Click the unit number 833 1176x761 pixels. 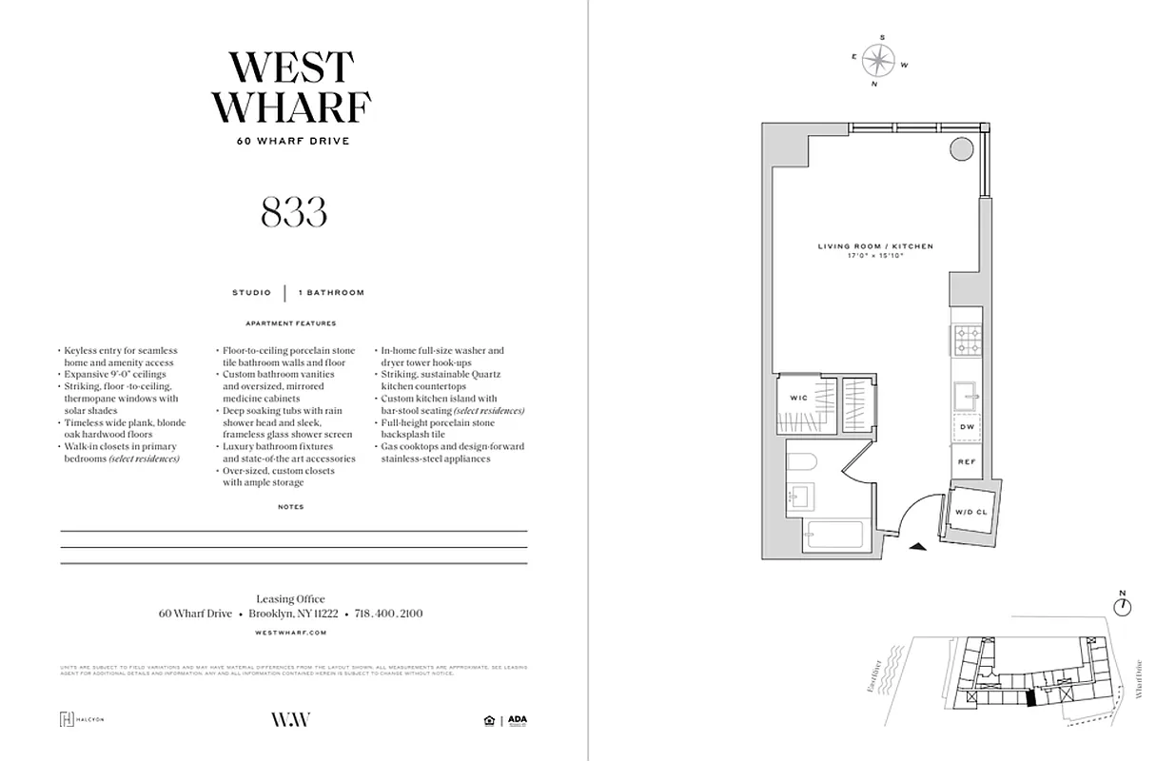point(293,212)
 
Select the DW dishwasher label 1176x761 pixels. point(966,428)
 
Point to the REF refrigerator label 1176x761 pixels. point(966,462)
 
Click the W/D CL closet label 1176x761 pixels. point(971,513)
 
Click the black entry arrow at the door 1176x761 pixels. point(916,546)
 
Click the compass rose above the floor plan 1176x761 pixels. point(879,62)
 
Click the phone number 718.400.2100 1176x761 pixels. point(388,615)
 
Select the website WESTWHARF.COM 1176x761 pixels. point(292,633)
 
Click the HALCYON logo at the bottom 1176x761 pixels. point(82,719)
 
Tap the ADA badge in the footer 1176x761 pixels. point(517,720)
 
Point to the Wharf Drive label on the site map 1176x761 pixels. point(1139,681)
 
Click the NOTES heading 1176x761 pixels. point(292,507)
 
